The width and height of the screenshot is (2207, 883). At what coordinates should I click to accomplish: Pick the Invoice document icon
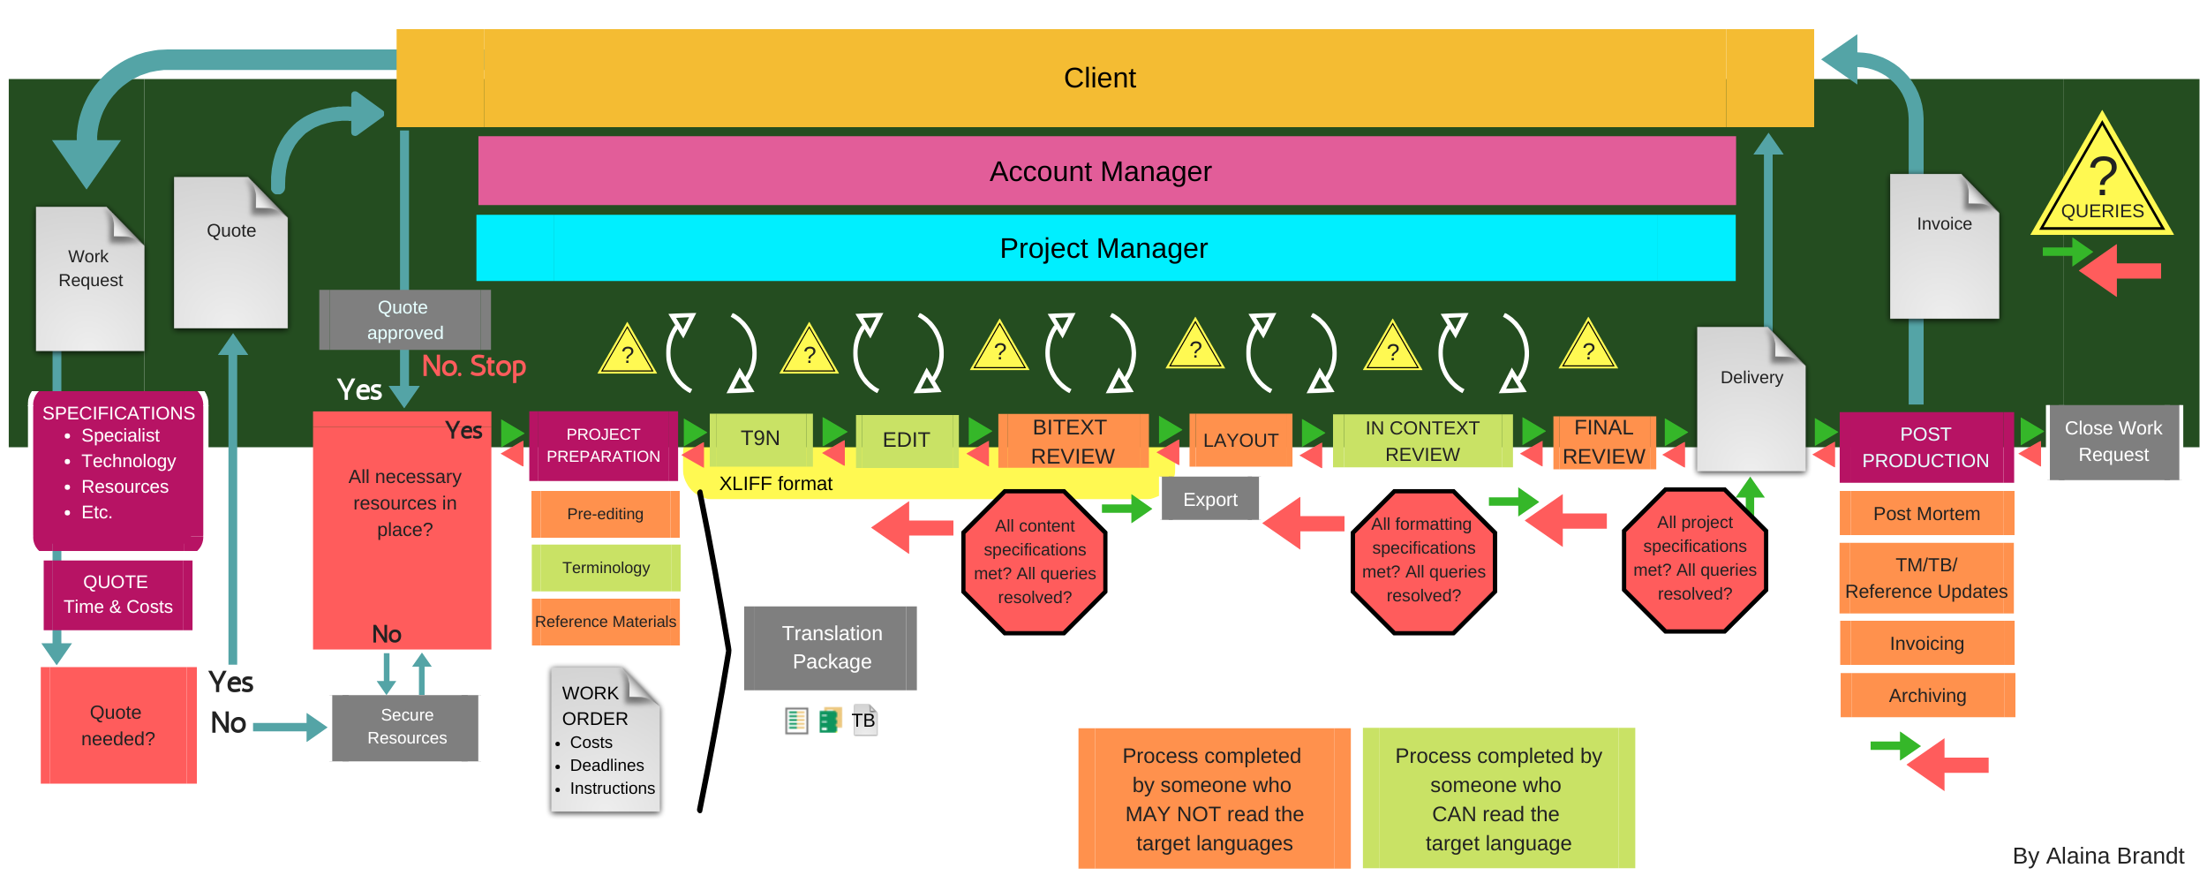1944,247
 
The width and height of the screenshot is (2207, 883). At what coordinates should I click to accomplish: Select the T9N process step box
760,439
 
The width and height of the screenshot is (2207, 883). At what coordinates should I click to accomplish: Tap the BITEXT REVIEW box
1073,441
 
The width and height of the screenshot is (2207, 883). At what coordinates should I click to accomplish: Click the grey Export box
1209,499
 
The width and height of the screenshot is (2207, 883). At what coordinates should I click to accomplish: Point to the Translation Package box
831,647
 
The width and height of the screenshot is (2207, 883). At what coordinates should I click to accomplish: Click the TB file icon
863,721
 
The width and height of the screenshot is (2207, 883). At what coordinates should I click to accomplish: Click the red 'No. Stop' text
474,366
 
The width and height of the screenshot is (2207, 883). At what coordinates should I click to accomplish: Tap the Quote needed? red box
118,725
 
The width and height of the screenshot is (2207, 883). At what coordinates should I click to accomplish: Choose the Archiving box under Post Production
1926,695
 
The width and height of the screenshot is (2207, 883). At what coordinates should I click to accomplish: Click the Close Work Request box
2113,441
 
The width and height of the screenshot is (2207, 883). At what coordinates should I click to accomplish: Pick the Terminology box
606,568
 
